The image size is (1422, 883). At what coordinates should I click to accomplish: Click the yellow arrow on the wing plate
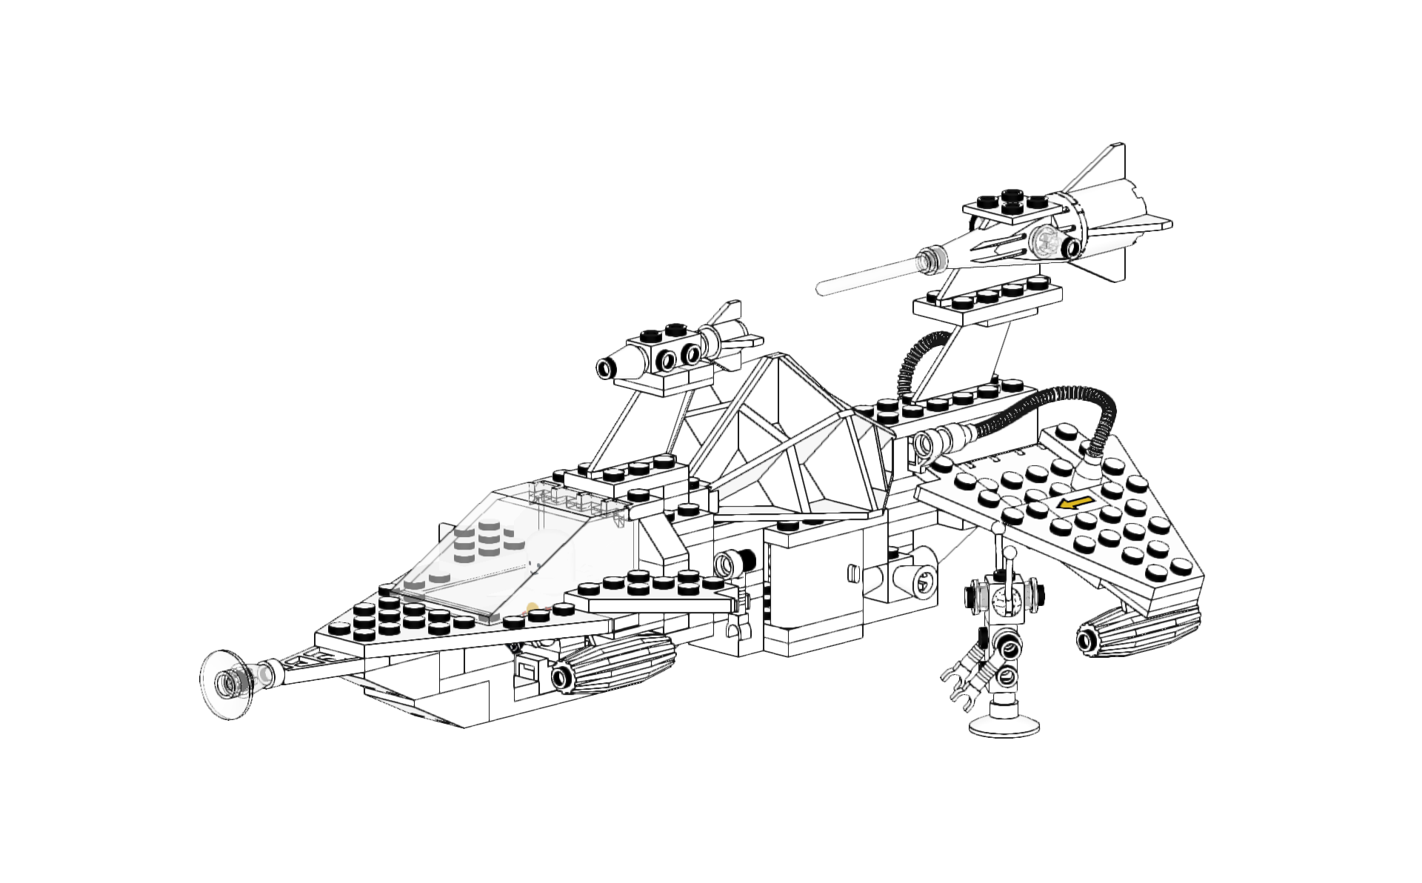coord(1075,503)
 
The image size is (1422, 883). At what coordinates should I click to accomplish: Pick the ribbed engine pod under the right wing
coord(1137,629)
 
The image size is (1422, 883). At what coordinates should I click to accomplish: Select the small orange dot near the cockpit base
coord(532,608)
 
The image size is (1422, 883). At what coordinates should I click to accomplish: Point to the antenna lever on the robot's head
coord(1008,564)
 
